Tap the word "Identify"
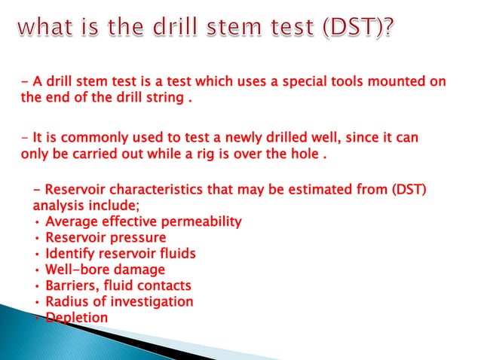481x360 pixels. [x=69, y=254]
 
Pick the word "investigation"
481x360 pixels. [x=150, y=302]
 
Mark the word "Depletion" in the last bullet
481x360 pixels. [x=76, y=318]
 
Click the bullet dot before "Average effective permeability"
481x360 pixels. [x=37, y=222]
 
